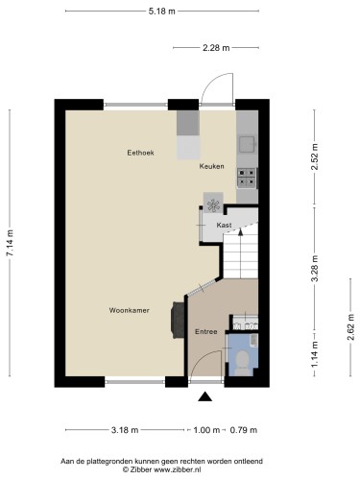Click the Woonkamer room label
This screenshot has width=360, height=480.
(129, 310)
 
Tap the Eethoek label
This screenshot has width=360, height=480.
(141, 153)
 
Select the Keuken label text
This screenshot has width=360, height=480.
(212, 166)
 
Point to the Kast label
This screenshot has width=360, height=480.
(224, 225)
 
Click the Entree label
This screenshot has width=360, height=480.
(206, 331)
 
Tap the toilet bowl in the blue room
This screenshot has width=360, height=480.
(242, 360)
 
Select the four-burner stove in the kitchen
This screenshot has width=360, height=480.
(247, 176)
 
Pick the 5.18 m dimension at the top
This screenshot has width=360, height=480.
(160, 12)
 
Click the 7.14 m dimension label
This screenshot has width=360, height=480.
(12, 243)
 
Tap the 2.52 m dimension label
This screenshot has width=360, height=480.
(315, 156)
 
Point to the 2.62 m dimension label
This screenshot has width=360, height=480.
(350, 327)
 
